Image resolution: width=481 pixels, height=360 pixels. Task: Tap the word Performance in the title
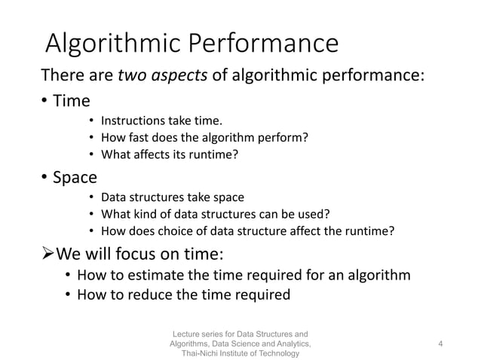(265, 44)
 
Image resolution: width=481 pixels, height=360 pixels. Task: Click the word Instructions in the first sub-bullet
(134, 121)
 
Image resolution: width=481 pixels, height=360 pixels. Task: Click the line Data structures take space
(172, 197)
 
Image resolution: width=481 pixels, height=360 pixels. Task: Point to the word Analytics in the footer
(286, 343)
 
